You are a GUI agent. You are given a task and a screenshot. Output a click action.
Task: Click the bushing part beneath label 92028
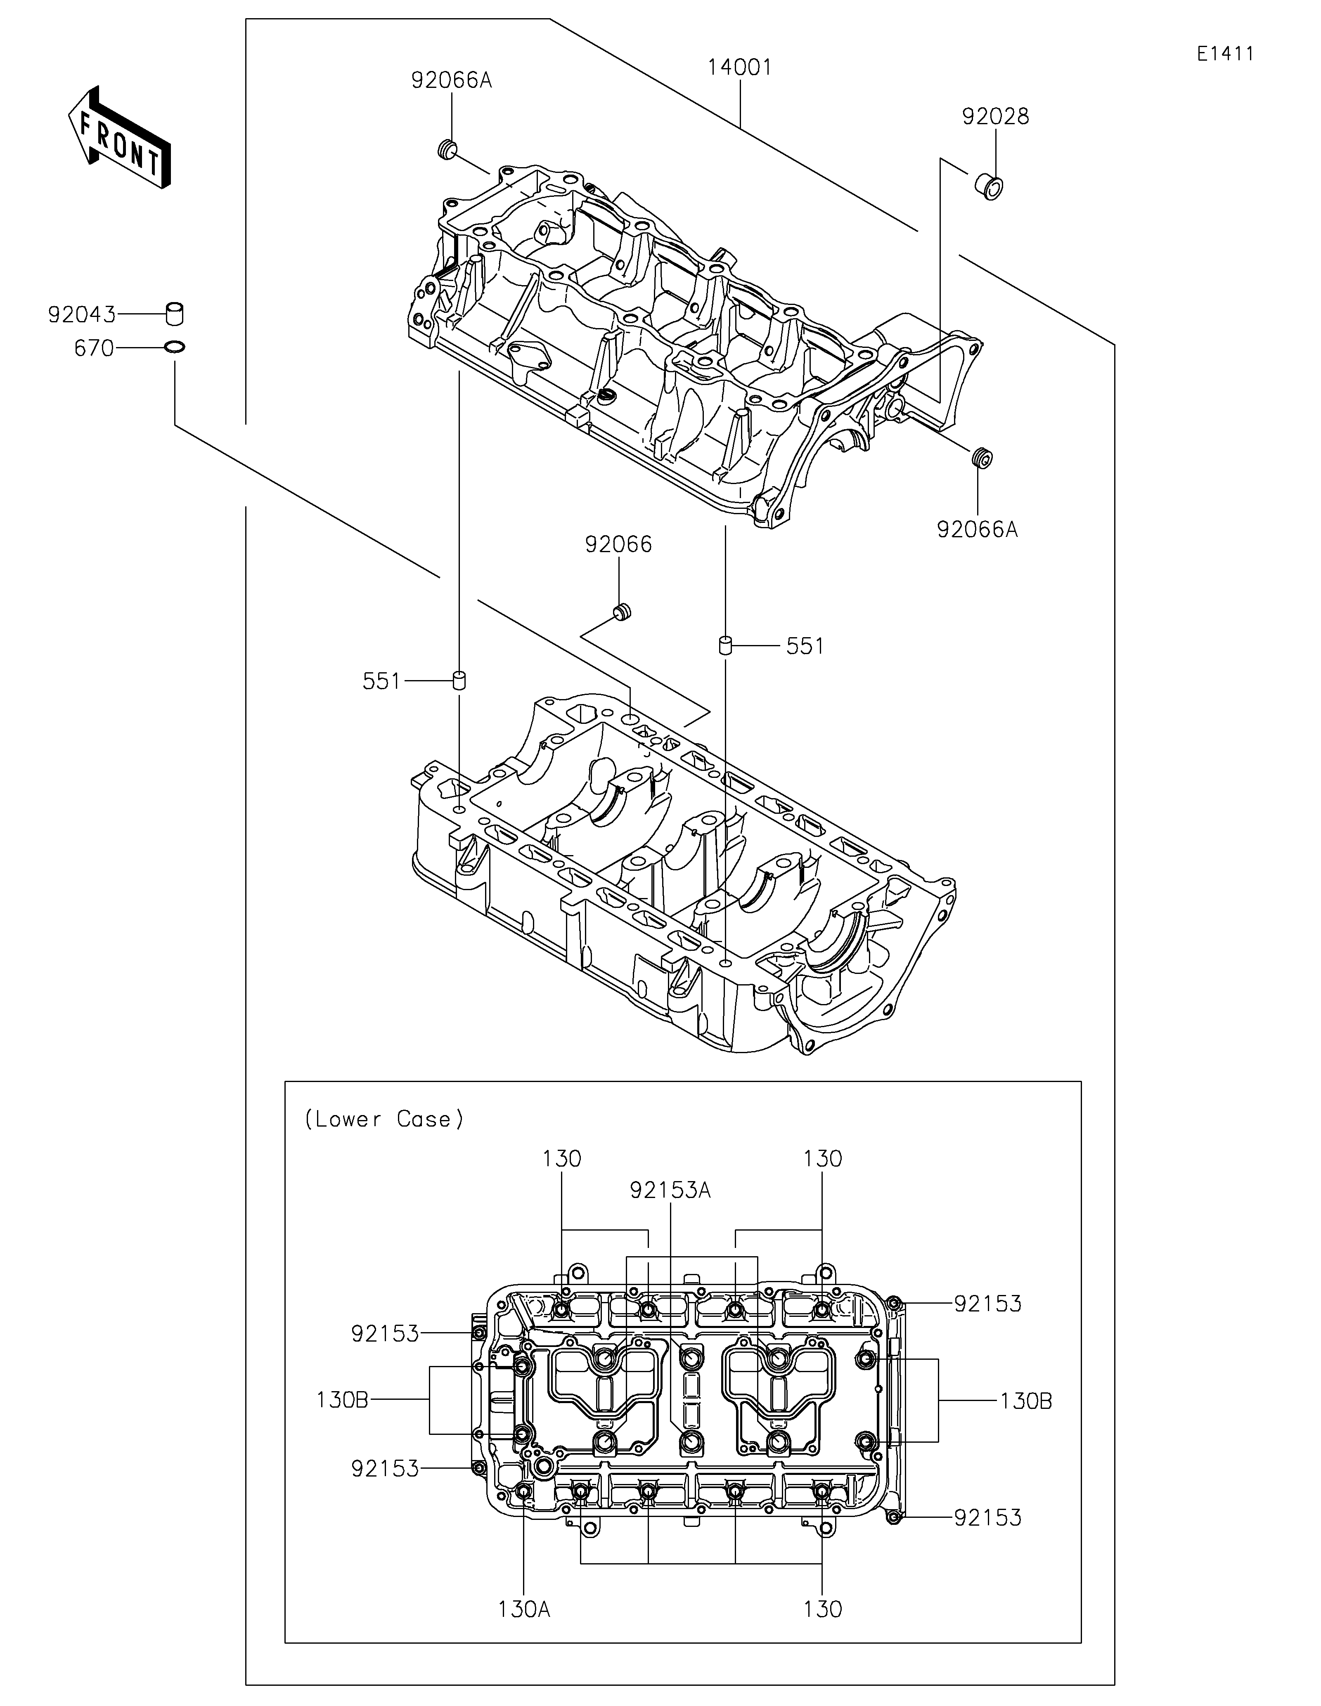point(988,187)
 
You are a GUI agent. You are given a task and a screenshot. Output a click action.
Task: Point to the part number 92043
point(81,315)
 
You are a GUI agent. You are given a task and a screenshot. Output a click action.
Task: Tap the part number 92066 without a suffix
point(618,544)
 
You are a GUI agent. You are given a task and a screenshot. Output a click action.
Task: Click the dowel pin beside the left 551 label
point(460,680)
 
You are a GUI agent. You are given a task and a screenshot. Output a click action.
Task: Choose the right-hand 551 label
point(805,646)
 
